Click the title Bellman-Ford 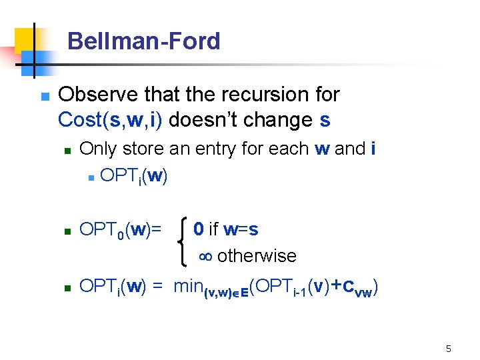click(x=143, y=41)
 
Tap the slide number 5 click(x=449, y=349)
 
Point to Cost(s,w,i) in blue click(x=111, y=119)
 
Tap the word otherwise click(x=257, y=256)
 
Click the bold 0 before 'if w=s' click(x=198, y=229)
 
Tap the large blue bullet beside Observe click(x=45, y=96)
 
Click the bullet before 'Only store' click(x=67, y=150)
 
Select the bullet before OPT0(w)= click(x=67, y=231)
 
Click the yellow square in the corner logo click(x=25, y=40)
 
